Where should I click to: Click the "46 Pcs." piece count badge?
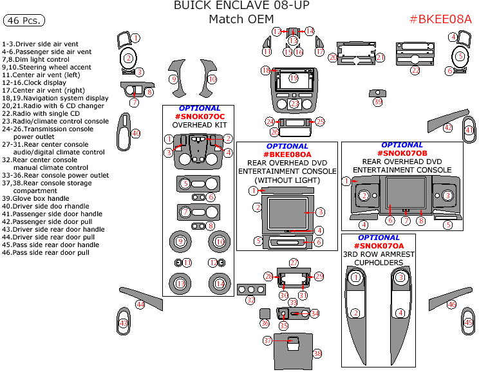coord(24,21)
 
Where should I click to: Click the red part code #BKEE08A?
coord(440,19)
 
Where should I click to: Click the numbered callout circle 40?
coord(135,133)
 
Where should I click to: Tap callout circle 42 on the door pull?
coord(447,128)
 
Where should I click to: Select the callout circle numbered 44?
coord(140,304)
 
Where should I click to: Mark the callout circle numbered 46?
coord(451,304)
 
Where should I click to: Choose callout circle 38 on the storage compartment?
coord(317,353)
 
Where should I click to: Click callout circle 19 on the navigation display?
coord(294,78)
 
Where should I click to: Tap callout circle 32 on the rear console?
coord(250,300)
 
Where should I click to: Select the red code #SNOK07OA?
coord(379,246)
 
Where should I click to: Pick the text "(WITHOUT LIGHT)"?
coord(287,180)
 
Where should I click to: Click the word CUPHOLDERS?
coord(378,263)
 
